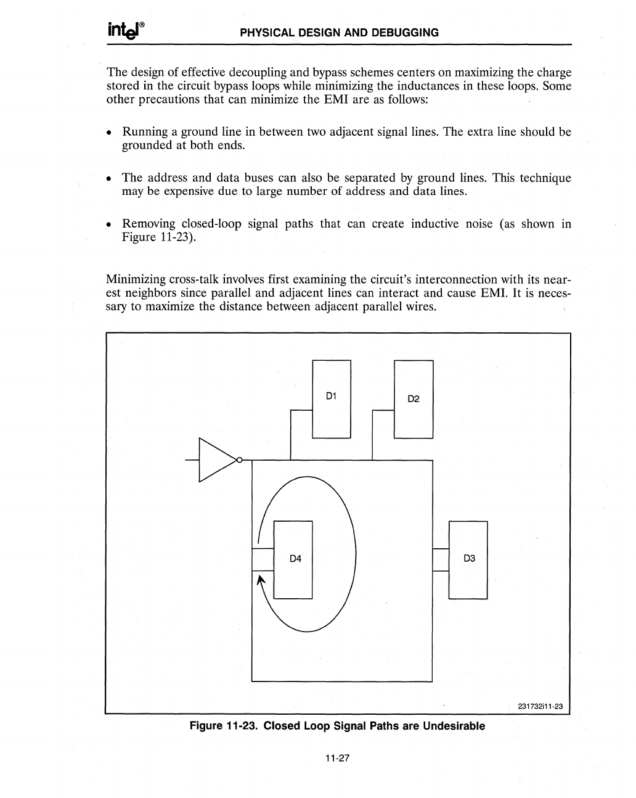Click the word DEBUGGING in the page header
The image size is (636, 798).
click(404, 33)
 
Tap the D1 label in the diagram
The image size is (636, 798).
click(331, 395)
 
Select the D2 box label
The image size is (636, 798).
click(414, 398)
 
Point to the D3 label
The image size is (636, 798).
click(468, 559)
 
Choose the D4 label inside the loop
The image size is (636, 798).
click(295, 559)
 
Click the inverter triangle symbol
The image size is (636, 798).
click(215, 459)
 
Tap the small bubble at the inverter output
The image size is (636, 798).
click(240, 459)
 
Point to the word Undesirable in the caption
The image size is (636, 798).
click(452, 726)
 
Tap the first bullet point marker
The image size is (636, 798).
click(109, 133)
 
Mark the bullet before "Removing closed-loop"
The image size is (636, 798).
click(109, 225)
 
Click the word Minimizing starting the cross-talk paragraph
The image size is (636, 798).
click(136, 279)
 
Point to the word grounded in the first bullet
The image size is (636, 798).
click(148, 146)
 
